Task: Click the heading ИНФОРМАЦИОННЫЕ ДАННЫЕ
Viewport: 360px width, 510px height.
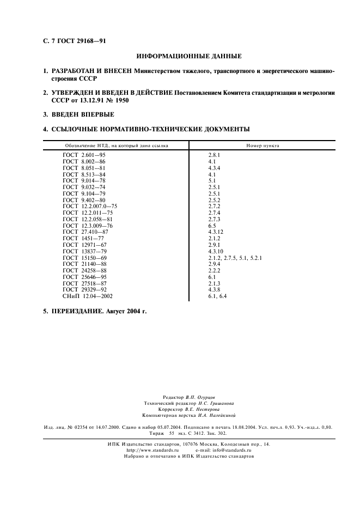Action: point(189,56)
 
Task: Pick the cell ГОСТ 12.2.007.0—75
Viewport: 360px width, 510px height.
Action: point(90,207)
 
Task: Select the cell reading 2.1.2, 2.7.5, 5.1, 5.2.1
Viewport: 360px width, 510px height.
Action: point(235,258)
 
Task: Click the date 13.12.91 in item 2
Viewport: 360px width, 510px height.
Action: point(86,101)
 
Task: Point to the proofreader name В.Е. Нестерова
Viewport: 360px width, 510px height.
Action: point(203,409)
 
